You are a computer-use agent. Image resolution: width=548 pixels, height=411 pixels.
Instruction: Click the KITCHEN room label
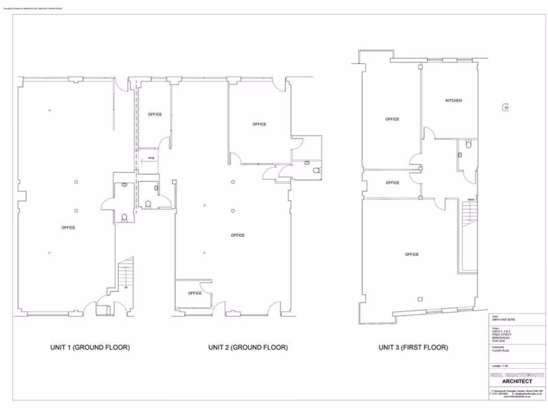tap(453, 101)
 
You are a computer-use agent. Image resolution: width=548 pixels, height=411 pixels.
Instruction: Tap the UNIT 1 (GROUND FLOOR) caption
tap(90, 347)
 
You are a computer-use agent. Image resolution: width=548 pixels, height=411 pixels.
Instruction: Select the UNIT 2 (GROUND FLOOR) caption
tap(248, 347)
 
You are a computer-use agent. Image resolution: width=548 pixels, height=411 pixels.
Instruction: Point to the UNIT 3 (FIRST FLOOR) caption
tap(413, 347)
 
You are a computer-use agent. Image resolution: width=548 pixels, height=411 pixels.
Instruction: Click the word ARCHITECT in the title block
tap(517, 382)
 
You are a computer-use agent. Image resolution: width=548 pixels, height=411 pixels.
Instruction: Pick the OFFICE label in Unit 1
tap(68, 227)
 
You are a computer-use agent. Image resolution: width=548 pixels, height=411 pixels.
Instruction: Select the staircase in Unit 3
tap(468, 235)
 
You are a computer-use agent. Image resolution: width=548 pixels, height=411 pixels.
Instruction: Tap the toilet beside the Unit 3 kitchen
tap(469, 143)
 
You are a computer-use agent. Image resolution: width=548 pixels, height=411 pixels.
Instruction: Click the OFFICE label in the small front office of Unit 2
tap(195, 293)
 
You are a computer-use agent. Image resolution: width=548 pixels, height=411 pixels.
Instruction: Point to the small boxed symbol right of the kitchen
tap(506, 108)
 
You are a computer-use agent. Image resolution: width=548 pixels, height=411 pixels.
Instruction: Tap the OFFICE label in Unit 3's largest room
tap(412, 254)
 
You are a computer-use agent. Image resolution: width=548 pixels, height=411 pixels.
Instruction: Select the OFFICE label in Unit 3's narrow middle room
tap(392, 182)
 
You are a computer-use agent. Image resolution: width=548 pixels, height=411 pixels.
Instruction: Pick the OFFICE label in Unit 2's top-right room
tap(260, 124)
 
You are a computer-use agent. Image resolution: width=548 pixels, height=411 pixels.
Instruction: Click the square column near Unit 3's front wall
tap(420, 299)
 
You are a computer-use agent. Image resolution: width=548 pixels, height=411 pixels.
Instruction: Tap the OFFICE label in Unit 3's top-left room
tap(392, 119)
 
